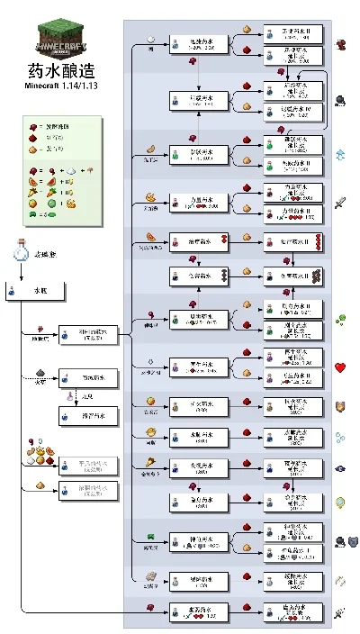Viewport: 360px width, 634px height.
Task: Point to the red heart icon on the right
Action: pos(341,367)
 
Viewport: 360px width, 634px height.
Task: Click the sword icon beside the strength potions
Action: pos(341,203)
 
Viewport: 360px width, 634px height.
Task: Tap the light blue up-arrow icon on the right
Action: pos(341,154)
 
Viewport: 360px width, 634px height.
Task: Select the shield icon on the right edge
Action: pos(341,406)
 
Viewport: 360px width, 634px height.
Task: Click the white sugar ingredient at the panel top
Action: pos(151,40)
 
